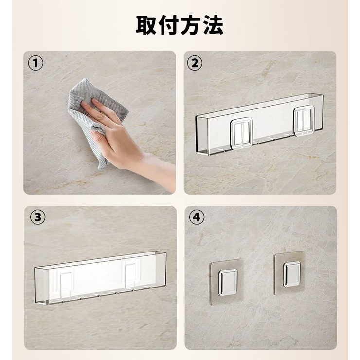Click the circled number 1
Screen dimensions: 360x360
coord(36,63)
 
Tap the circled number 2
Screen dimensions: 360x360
coord(195,63)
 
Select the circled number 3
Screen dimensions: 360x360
coord(38,217)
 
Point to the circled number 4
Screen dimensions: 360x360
coord(197,217)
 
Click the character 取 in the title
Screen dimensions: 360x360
coord(146,25)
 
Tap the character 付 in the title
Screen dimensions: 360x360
coord(168,25)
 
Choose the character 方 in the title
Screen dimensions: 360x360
coord(191,25)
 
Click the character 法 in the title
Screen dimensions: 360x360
coord(213,25)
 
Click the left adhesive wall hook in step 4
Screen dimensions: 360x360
coord(227,282)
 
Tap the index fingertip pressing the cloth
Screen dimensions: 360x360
coord(94,100)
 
